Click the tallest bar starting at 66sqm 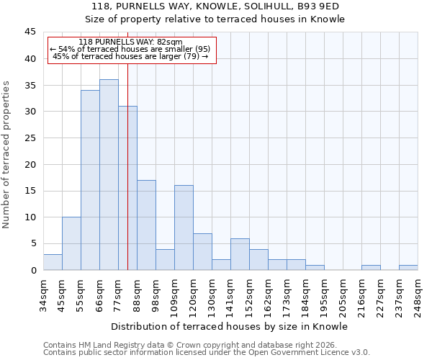coord(109,175)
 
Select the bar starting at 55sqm coord(90,180)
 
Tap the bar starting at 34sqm coord(53,262)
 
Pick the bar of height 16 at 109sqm coord(184,228)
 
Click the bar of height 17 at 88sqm coord(146,225)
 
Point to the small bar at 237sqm coord(408,267)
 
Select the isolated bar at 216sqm coord(371,267)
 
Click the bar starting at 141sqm coord(240,254)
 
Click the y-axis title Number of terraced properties coord(6,155)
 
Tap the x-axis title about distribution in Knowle coord(230,326)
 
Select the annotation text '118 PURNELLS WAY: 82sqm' coord(130,42)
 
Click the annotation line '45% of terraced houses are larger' coord(130,56)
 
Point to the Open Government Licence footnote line coord(207,353)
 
